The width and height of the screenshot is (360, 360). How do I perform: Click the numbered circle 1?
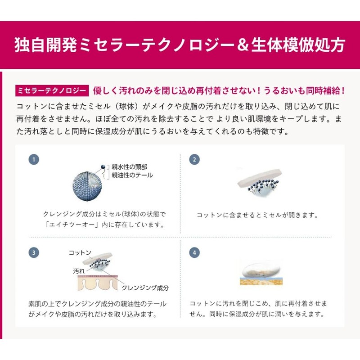[x=34, y=160]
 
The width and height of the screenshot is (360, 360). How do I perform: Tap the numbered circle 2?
[x=194, y=160]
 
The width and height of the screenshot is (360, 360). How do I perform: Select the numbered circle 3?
[x=34, y=252]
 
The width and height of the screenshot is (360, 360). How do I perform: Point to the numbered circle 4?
[x=194, y=252]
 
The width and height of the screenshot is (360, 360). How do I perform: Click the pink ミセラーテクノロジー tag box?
[x=52, y=91]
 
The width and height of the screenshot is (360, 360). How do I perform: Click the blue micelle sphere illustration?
[x=87, y=186]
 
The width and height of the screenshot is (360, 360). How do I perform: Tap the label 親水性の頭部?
[x=129, y=167]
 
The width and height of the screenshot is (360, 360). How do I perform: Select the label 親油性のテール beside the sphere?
[x=132, y=175]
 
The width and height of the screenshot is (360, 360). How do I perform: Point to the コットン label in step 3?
[x=80, y=253]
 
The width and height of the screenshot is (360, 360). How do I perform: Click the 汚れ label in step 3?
[x=79, y=271]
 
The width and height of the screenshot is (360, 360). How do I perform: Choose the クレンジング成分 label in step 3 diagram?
[x=145, y=288]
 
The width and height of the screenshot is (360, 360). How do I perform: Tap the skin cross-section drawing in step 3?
[x=98, y=283]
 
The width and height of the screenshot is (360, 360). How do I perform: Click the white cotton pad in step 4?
[x=261, y=270]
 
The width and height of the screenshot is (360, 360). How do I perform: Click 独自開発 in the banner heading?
[x=46, y=45]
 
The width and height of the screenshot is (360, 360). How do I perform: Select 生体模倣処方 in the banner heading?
[x=298, y=45]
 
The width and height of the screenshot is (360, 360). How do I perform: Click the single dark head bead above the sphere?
[x=103, y=166]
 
